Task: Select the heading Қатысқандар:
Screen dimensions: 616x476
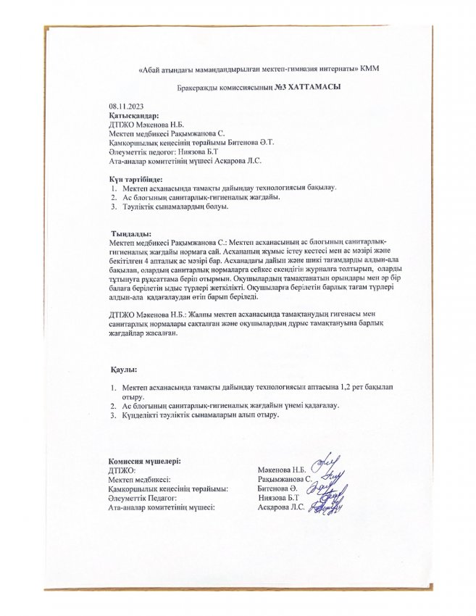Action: [133, 116]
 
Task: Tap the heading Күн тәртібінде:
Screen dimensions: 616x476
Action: [135, 178]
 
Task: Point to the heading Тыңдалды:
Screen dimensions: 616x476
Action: [130, 233]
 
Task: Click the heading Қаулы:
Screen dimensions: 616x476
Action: [124, 370]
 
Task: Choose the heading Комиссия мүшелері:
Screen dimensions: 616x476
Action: [144, 462]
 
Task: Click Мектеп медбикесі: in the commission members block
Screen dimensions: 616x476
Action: [140, 480]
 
